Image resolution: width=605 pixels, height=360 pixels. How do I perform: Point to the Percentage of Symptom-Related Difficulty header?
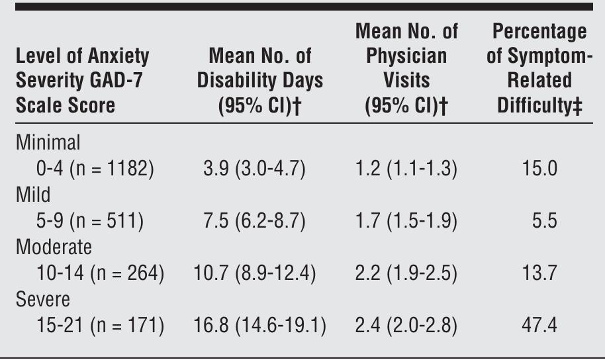pyautogui.click(x=537, y=69)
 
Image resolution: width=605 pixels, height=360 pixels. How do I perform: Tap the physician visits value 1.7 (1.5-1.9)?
pyautogui.click(x=406, y=222)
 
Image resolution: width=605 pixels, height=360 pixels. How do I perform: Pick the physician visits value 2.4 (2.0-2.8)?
pyautogui.click(x=406, y=326)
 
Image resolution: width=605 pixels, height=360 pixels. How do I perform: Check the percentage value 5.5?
pyautogui.click(x=545, y=222)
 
